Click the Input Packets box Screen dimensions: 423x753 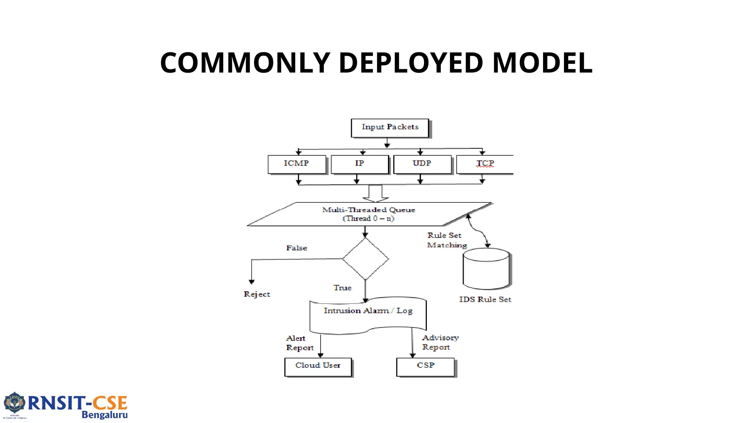pyautogui.click(x=390, y=128)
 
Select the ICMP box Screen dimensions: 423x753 pyautogui.click(x=297, y=164)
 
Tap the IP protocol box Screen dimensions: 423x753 pyautogui.click(x=360, y=164)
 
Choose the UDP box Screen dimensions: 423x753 pyautogui.click(x=422, y=164)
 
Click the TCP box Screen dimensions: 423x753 pyautogui.click(x=485, y=164)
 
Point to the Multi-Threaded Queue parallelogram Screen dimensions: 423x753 pyautogui.click(x=369, y=214)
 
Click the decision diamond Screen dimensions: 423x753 pyautogui.click(x=365, y=259)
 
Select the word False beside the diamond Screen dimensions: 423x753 pyautogui.click(x=296, y=248)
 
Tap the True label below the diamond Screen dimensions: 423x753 pyautogui.click(x=342, y=288)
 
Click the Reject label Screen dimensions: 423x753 pyautogui.click(x=257, y=294)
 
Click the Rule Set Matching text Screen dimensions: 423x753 pyautogui.click(x=446, y=240)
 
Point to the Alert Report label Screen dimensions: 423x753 pyautogui.click(x=299, y=343)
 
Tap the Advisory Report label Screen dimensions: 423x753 pyautogui.click(x=440, y=342)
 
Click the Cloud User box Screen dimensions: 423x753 pyautogui.click(x=318, y=367)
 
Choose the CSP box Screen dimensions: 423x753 pyautogui.click(x=425, y=367)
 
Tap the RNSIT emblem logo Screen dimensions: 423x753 pyautogui.click(x=14, y=405)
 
